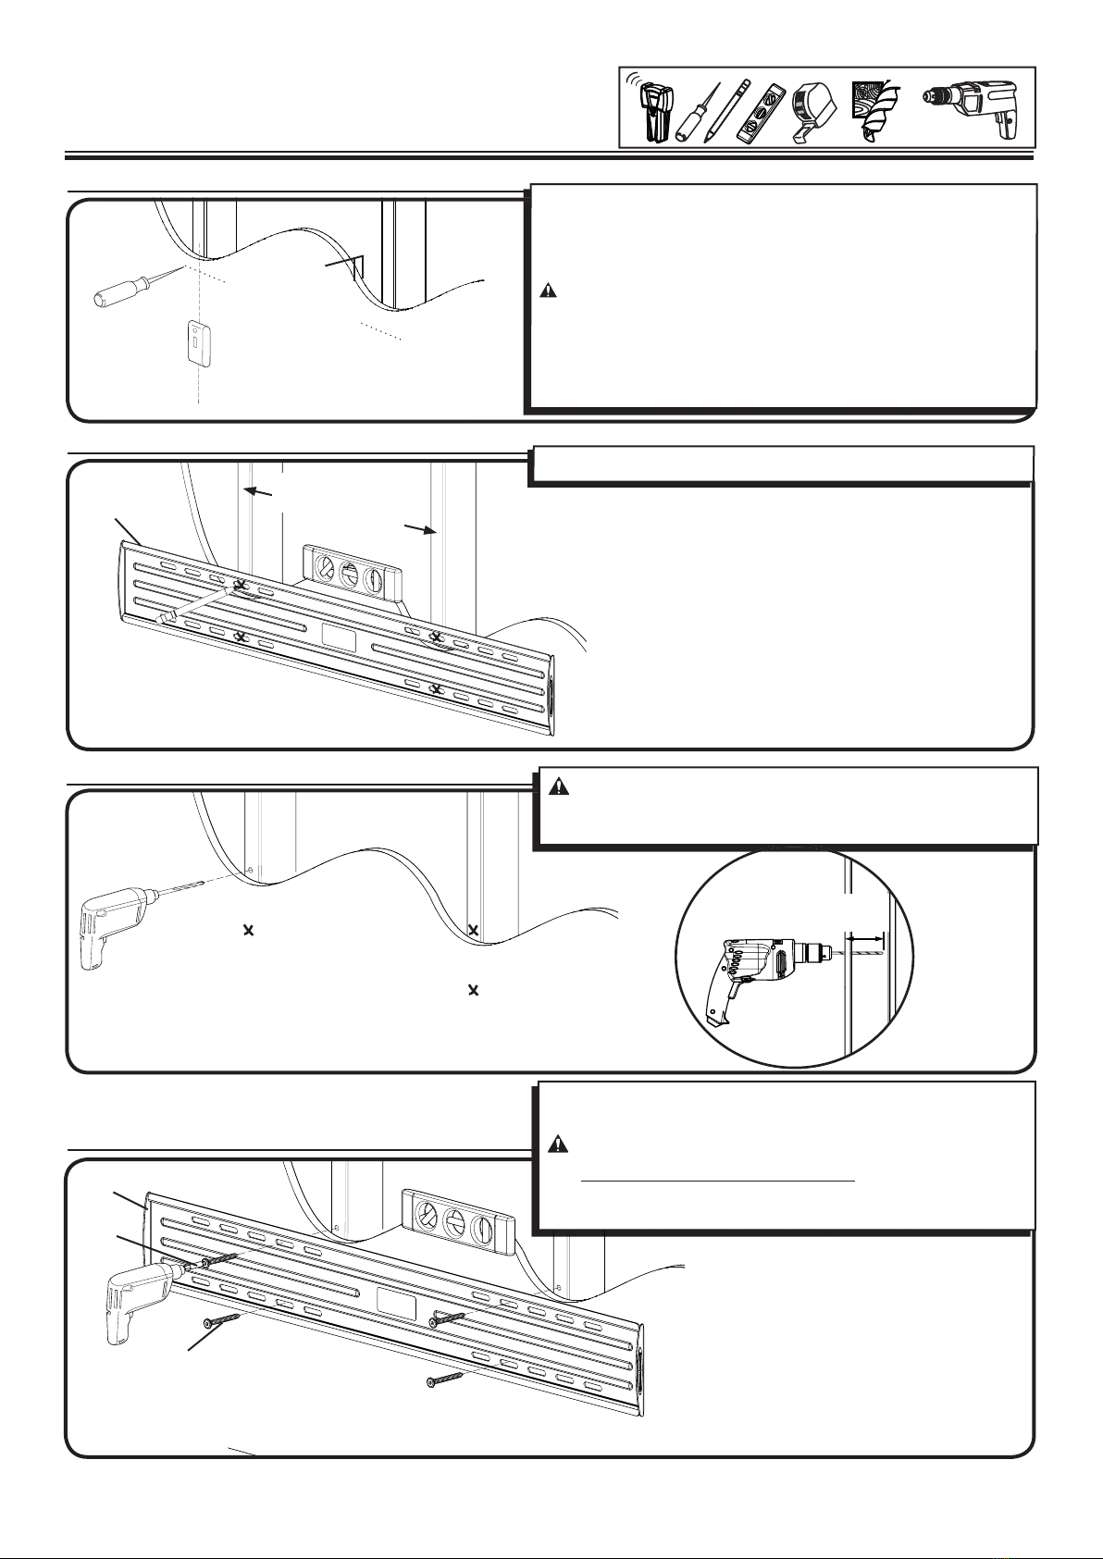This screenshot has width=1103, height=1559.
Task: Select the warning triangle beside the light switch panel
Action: [549, 291]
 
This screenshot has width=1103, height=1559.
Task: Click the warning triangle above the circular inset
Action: [559, 787]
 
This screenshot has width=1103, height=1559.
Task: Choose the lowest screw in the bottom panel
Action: [444, 1380]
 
